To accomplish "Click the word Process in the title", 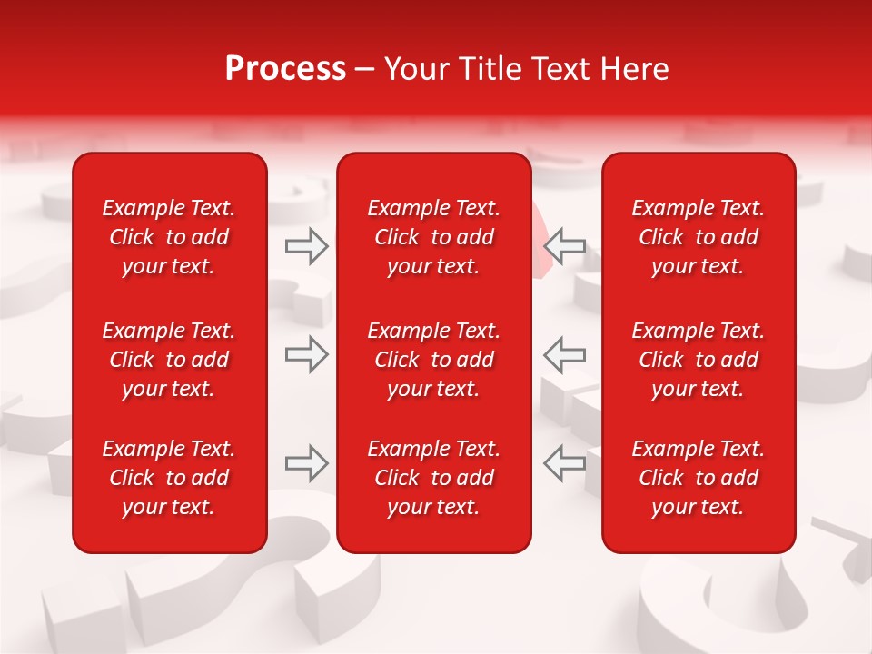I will tap(285, 69).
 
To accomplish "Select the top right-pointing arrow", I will tap(306, 245).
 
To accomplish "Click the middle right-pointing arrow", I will tap(306, 353).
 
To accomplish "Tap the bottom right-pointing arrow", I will tap(306, 462).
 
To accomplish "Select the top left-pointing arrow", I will tap(564, 245).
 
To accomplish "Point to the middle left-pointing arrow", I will tap(564, 353).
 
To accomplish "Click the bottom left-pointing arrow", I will tap(564, 462).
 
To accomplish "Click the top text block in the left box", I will tap(169, 237).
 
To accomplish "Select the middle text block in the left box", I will tap(169, 360).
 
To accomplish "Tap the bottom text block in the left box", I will tap(169, 478).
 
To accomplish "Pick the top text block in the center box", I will tap(433, 237).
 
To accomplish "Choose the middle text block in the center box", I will tap(433, 360).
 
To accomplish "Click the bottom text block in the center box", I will tap(433, 478).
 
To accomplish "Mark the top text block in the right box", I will tap(698, 237).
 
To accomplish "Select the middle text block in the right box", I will tap(698, 360).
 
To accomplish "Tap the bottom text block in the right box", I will tap(698, 478).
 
